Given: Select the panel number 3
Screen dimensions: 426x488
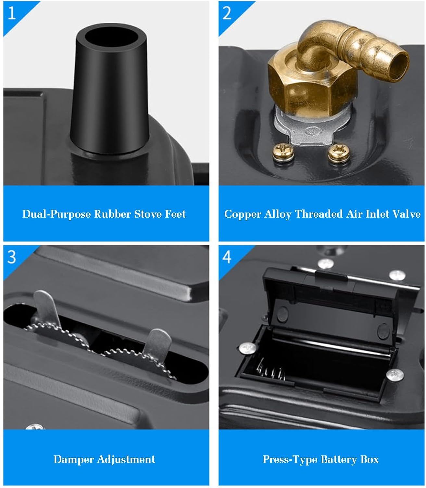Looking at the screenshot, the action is click(12, 257).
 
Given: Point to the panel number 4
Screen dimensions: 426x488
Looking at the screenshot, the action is click(227, 257).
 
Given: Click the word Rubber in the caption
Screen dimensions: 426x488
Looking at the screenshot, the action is click(113, 214).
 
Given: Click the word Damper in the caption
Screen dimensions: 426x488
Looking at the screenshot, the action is click(74, 460).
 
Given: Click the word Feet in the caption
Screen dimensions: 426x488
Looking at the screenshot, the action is click(175, 214).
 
